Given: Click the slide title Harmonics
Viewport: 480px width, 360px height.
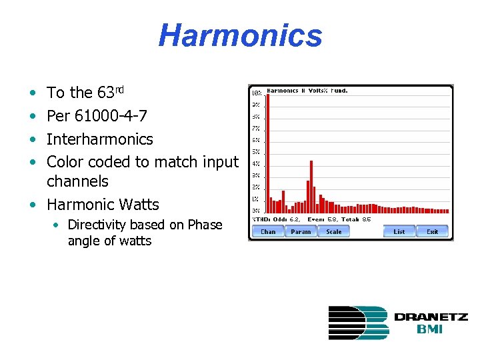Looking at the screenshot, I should [240, 35].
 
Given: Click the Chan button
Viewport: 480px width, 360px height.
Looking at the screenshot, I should [267, 231].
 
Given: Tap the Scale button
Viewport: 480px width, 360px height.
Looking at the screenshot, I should [334, 231].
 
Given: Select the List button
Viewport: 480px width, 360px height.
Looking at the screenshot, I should [399, 231].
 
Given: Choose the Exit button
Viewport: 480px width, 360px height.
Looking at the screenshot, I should [433, 231].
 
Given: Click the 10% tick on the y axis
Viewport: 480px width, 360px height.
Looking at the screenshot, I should [256, 93].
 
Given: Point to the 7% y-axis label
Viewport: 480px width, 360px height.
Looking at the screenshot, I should [256, 128].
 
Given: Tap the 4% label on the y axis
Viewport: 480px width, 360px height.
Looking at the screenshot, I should [256, 164].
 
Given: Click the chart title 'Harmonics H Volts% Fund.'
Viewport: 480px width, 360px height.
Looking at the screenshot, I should [307, 91].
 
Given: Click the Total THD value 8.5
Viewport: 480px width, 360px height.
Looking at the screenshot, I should [366, 219].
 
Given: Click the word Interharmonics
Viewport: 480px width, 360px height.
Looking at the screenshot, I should [100, 139].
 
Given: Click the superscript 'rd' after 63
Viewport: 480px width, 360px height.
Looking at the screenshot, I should [119, 89].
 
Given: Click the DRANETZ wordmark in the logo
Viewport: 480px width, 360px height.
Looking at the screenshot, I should [431, 317].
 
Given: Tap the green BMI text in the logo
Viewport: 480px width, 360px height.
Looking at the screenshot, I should [430, 329].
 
